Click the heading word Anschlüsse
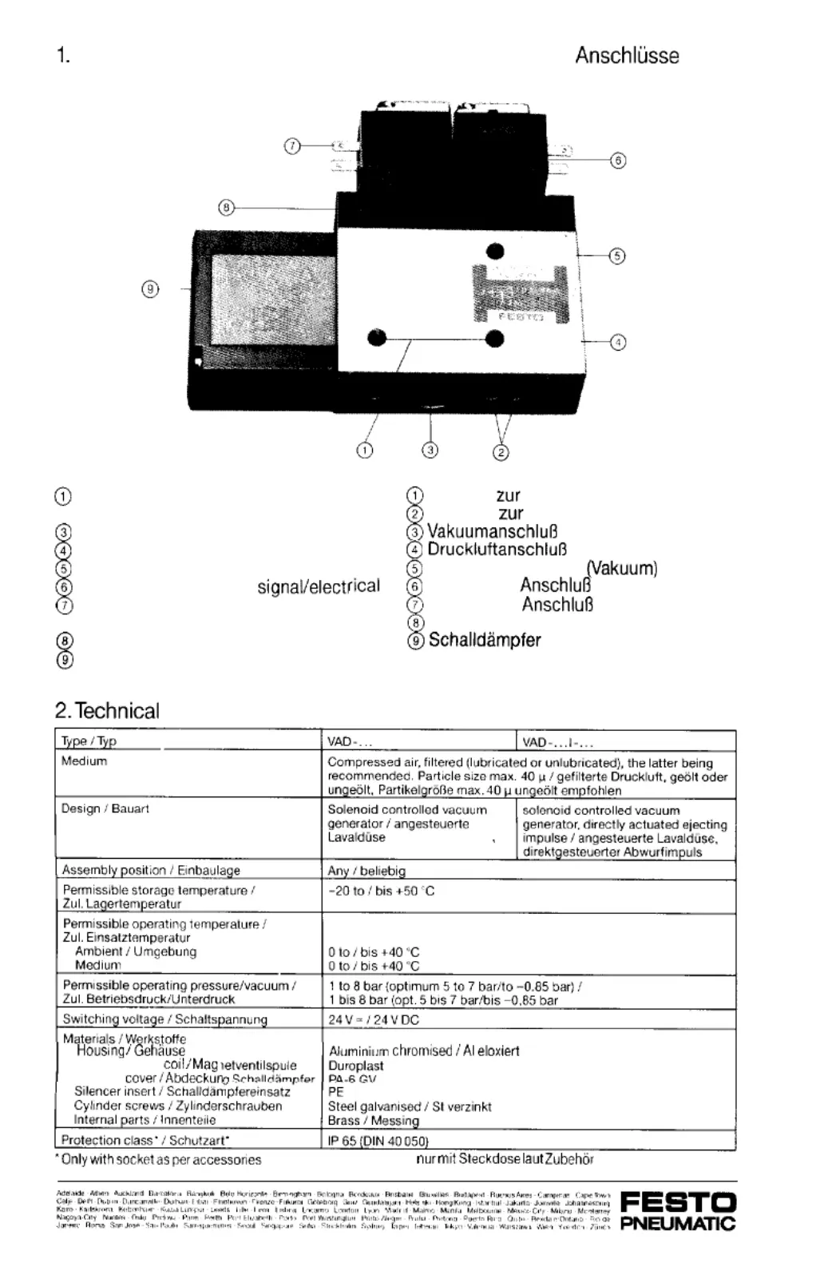coord(627,56)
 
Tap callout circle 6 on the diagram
coord(618,161)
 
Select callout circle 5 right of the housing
coord(617,256)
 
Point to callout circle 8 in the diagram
coord(227,208)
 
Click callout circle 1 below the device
coord(365,451)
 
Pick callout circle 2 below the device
coord(501,453)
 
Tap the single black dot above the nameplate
coord(496,252)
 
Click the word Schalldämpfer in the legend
coord(485,641)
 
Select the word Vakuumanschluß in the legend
coord(492,532)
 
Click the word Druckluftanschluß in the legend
coord(497,550)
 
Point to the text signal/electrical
coord(319,587)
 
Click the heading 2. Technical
coord(107,711)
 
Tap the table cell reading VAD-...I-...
coord(557,742)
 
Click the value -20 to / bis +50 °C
coord(382,891)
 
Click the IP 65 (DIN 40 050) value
coord(378,1141)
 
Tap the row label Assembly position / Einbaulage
coord(151,870)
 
